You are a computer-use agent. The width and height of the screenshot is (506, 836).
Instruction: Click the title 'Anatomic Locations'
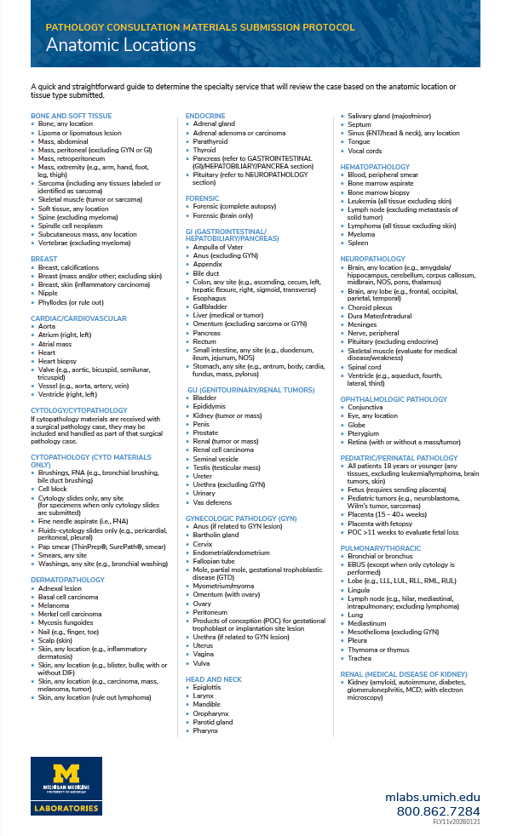click(x=121, y=45)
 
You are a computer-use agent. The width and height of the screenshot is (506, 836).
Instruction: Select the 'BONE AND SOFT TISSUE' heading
click(x=71, y=116)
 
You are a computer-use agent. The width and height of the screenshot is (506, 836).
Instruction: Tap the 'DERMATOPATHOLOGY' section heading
click(x=67, y=556)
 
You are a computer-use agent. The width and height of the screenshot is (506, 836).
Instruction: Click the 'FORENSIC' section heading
click(x=203, y=198)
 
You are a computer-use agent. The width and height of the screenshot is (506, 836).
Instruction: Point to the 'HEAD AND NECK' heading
click(x=214, y=679)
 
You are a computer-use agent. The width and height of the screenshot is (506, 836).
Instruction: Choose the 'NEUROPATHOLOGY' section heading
click(x=372, y=258)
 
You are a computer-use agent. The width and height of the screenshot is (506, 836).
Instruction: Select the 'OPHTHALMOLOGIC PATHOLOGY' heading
click(x=394, y=398)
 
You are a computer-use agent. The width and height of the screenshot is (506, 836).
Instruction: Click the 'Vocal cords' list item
click(x=365, y=151)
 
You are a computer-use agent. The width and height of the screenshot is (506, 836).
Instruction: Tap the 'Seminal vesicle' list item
click(x=216, y=458)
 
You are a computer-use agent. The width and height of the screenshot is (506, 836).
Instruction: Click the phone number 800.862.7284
click(x=438, y=810)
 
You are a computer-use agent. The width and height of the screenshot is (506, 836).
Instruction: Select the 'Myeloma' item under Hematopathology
click(x=361, y=233)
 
